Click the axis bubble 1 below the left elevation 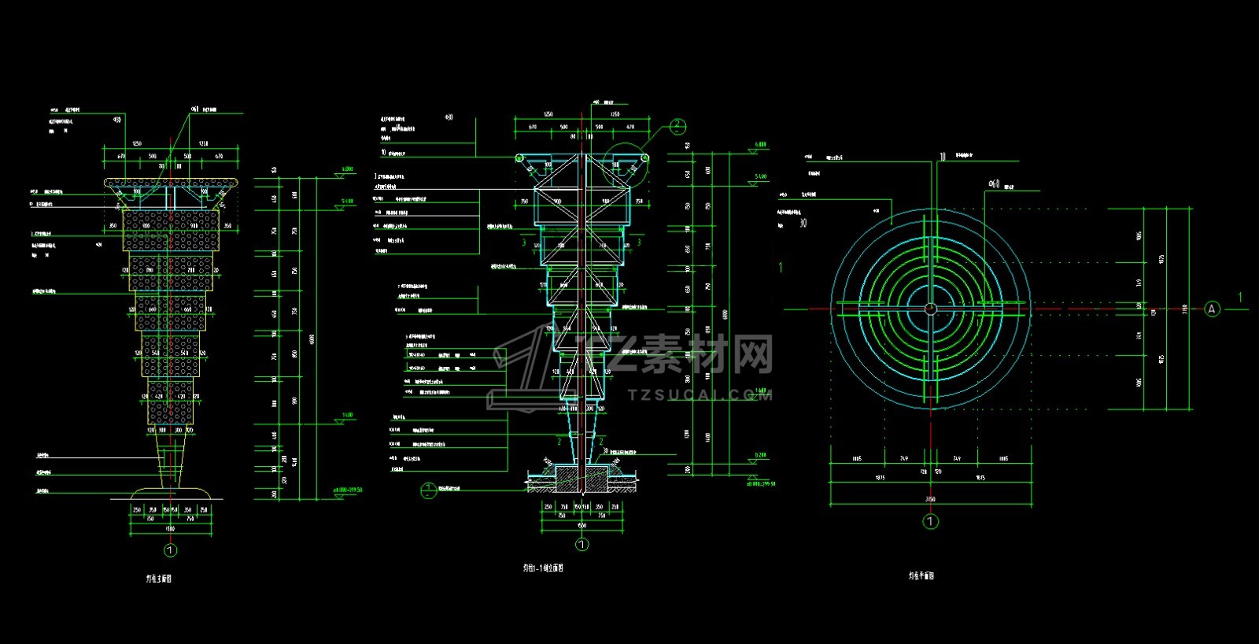[x=170, y=550]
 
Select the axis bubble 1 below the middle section [x=582, y=544]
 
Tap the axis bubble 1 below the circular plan [x=930, y=521]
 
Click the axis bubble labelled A [x=1212, y=309]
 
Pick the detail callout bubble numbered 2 [x=677, y=126]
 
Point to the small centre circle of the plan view [x=930, y=309]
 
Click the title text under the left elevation [x=159, y=579]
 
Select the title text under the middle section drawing [x=543, y=568]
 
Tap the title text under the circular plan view [x=921, y=576]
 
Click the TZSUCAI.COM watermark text [x=700, y=394]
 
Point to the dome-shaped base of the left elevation [x=171, y=493]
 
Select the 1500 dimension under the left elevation [x=170, y=529]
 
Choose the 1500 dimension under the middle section [x=582, y=525]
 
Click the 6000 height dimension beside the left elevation [x=312, y=339]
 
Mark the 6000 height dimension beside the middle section [x=725, y=314]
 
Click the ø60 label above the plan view [x=995, y=184]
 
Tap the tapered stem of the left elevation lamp [x=171, y=461]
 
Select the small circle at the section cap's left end [x=519, y=158]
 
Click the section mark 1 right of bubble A [x=1240, y=298]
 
